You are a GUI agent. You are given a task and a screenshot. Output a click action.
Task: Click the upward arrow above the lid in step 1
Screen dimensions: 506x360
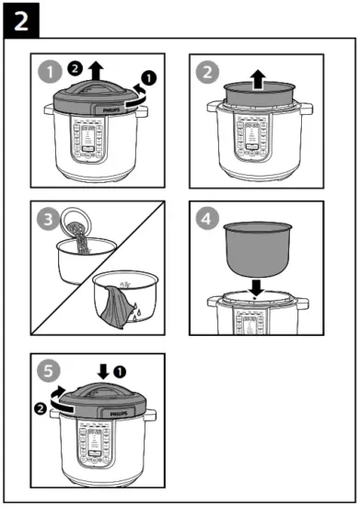click(96, 70)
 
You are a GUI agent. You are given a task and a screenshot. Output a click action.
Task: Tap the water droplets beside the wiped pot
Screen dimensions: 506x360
click(136, 311)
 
